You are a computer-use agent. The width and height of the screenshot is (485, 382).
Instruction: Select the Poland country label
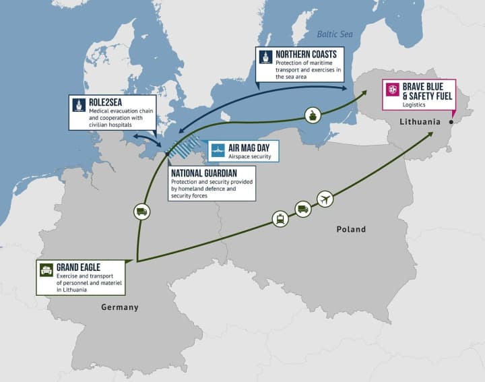click(x=351, y=230)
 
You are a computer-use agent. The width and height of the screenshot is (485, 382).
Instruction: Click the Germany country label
click(x=119, y=307)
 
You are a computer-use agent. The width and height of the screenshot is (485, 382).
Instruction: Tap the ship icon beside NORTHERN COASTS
click(x=266, y=57)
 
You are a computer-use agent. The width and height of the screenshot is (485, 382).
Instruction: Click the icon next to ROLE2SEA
click(x=79, y=104)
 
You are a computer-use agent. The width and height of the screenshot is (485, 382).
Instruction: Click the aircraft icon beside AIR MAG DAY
click(x=217, y=150)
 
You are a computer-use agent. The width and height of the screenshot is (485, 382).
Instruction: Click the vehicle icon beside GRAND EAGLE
click(x=46, y=269)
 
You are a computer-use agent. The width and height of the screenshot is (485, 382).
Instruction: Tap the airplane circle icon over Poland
click(x=325, y=199)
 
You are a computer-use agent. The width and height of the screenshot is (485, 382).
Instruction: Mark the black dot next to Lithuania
click(x=451, y=122)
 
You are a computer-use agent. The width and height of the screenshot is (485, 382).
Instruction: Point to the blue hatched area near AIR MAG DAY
click(x=183, y=146)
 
